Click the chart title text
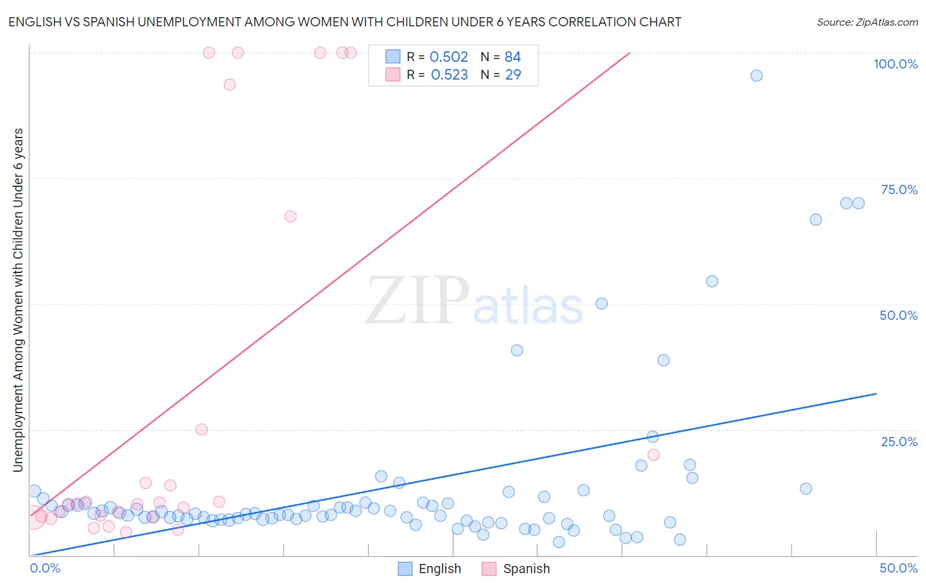point(344,22)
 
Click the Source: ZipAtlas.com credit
point(867,22)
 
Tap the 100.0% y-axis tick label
point(895,64)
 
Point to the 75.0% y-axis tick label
point(899,190)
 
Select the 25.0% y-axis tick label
point(899,441)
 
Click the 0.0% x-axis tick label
point(45,568)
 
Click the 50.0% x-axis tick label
point(898,568)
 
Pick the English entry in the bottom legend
point(430,569)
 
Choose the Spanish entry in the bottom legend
point(516,569)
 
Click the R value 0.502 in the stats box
point(449,57)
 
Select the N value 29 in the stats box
point(513,75)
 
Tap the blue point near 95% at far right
point(756,76)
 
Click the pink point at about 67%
point(290,217)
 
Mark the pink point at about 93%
point(229,84)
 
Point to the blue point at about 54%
point(712,281)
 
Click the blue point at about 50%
point(601,303)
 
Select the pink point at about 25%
point(202,429)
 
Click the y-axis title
point(18,300)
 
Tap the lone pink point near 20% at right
point(653,455)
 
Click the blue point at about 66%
point(815,220)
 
